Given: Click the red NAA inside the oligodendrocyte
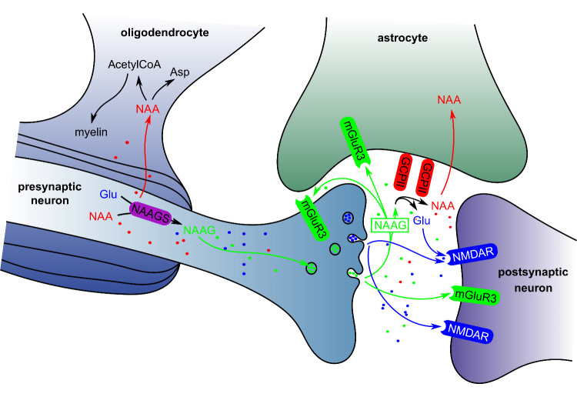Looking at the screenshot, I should (x=147, y=109).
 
